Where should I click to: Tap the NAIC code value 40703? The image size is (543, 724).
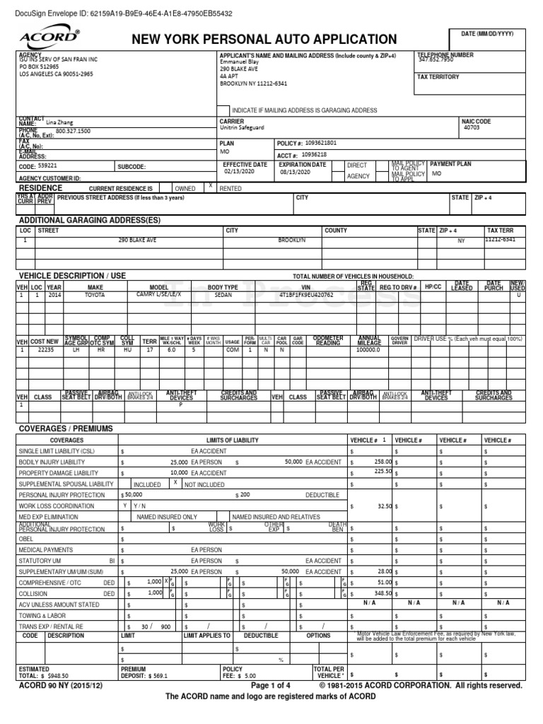click(x=472, y=128)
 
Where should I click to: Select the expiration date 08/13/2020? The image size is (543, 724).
click(x=296, y=172)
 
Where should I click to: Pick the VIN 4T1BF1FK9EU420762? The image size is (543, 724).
click(x=306, y=294)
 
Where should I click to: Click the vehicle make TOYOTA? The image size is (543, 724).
click(x=94, y=294)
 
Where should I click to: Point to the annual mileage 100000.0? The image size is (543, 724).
click(x=368, y=350)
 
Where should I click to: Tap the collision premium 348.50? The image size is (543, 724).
click(x=383, y=593)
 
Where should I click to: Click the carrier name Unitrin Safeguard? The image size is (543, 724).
click(x=242, y=128)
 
